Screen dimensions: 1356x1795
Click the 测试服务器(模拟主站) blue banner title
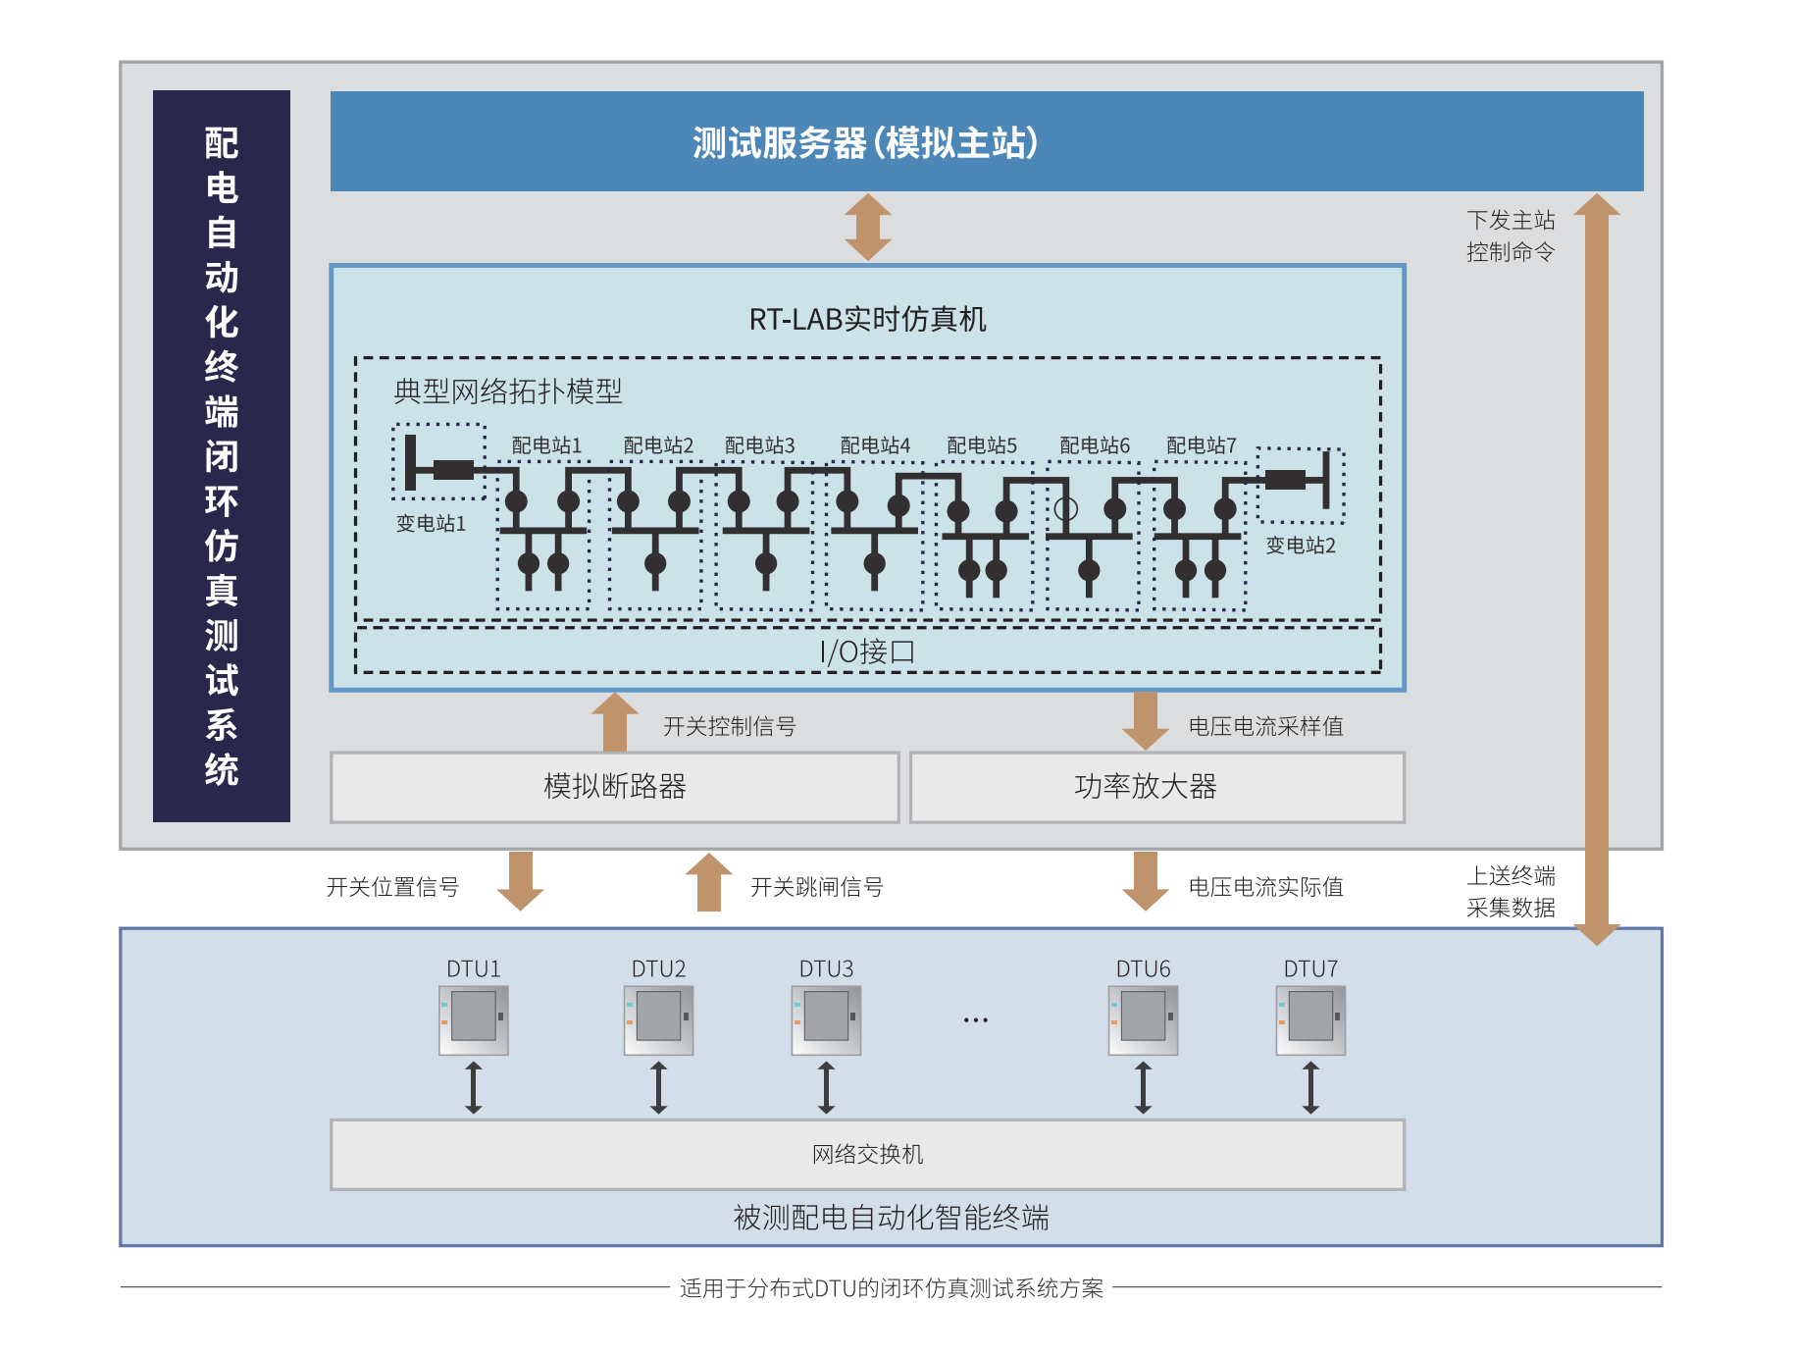pyautogui.click(x=865, y=143)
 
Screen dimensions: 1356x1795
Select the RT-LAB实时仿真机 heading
pyautogui.click(x=867, y=320)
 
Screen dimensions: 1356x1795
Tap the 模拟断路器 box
pyautogui.click(x=615, y=787)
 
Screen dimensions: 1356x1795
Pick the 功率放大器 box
pyautogui.click(x=1146, y=787)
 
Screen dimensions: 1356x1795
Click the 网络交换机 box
pyautogui.click(x=867, y=1155)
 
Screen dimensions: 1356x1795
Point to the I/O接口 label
pyautogui.click(x=867, y=652)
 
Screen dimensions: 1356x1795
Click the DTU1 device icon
pyautogui.click(x=474, y=1020)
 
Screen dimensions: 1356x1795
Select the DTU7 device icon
pyautogui.click(x=1310, y=1020)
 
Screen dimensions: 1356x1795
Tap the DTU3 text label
pyautogui.click(x=826, y=969)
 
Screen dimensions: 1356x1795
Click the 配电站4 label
pyautogui.click(x=875, y=446)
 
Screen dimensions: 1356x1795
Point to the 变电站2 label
pyautogui.click(x=1301, y=546)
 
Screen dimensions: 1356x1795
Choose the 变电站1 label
pyautogui.click(x=431, y=524)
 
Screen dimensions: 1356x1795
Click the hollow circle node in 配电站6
pyautogui.click(x=1066, y=509)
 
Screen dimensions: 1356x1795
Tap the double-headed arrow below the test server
pyautogui.click(x=868, y=227)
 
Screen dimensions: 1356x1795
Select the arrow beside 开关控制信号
pyautogui.click(x=615, y=722)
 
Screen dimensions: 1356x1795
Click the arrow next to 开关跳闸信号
pyautogui.click(x=708, y=882)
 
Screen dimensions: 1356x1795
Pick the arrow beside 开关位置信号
pyautogui.click(x=521, y=881)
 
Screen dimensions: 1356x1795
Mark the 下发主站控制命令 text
pyautogui.click(x=1511, y=236)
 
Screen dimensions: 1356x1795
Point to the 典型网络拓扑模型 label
pyautogui.click(x=508, y=392)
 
